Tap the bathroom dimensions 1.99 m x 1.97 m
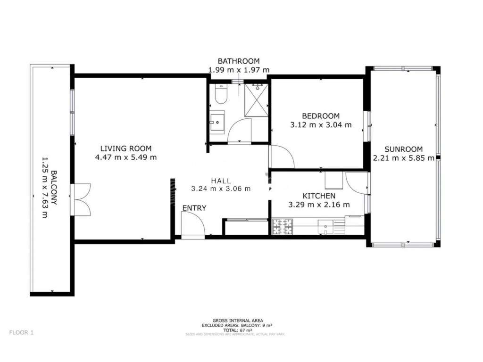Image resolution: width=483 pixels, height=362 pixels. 239,70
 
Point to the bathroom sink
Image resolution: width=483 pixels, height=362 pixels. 217,122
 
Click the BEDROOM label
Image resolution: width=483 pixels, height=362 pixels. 321,116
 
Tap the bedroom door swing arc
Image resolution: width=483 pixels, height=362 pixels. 282,157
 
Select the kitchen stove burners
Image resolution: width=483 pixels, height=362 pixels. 283,226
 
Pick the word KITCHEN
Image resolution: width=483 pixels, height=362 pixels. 319,196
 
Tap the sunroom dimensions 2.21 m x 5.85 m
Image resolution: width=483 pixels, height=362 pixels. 403,158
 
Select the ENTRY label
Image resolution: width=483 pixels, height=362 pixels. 194,208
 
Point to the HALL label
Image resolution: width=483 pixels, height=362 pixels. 221,180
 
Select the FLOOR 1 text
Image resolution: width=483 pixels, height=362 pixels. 21,332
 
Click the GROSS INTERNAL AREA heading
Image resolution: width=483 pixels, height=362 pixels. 234,320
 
